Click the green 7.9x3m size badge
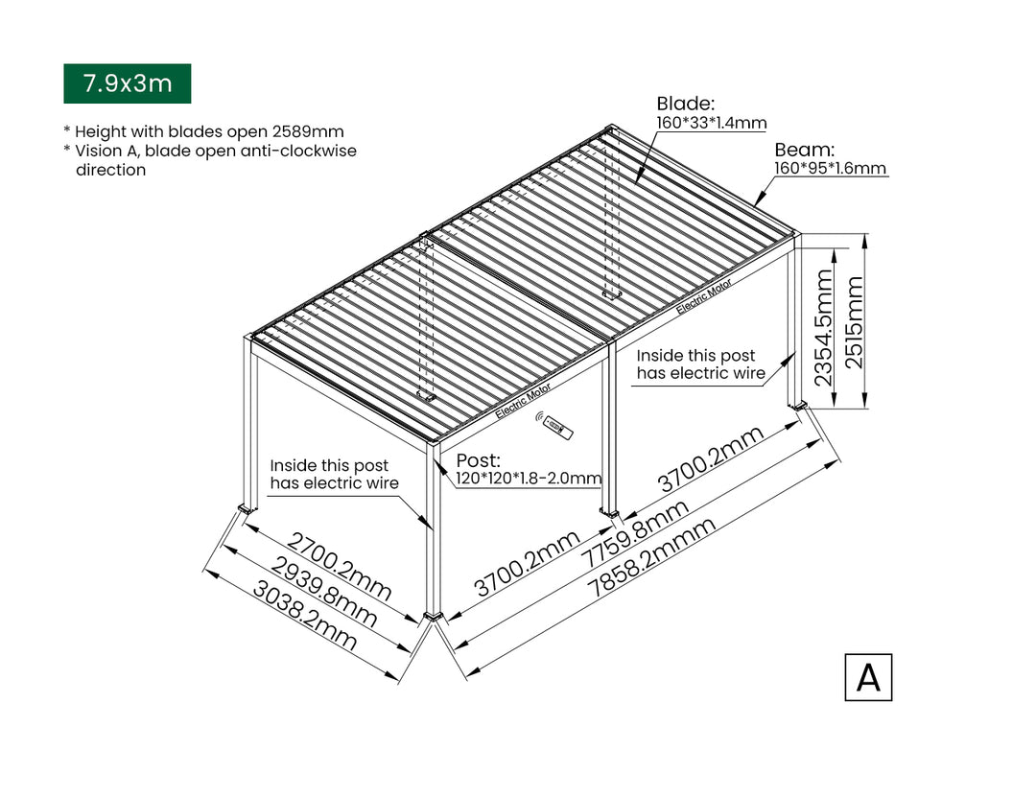coord(127,83)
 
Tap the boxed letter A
coord(868,677)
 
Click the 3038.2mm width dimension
coord(304,618)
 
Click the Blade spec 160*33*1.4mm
coord(711,123)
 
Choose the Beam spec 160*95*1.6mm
coord(830,168)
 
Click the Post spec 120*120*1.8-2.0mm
coord(529,479)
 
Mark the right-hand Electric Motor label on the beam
coord(704,296)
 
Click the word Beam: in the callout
coord(805,150)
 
